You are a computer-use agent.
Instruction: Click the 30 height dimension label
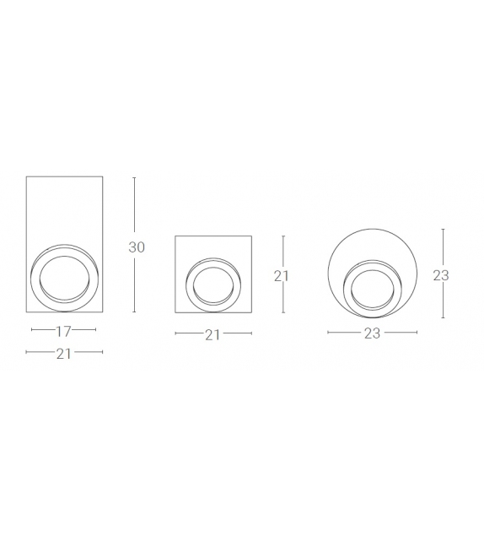[137, 247]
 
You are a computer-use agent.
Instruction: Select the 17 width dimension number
[63, 330]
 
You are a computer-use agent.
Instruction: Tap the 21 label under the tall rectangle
[63, 355]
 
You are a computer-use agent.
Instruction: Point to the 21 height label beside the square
[282, 275]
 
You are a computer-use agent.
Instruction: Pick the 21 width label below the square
[212, 334]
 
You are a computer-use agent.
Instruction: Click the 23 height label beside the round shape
[440, 275]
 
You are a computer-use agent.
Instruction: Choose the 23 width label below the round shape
[373, 333]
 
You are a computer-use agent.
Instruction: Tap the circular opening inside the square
[212, 283]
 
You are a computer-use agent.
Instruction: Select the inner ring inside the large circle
[371, 286]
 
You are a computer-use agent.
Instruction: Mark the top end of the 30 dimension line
[135, 176]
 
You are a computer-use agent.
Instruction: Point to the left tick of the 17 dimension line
[31, 330]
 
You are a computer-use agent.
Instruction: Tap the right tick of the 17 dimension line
[95, 330]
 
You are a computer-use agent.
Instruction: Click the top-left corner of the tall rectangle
[27, 176]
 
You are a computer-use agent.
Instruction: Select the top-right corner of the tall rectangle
[103, 176]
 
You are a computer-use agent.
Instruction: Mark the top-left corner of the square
[175, 236]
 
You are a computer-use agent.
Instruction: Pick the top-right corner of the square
[250, 236]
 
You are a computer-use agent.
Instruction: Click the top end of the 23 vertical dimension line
[443, 228]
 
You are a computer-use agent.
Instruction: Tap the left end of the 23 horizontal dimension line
[327, 333]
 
